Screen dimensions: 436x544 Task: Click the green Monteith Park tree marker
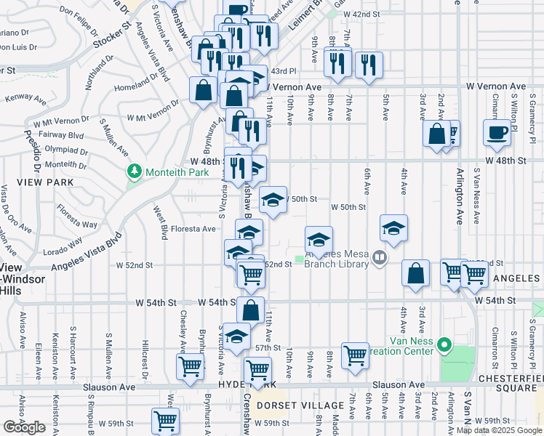[134, 171]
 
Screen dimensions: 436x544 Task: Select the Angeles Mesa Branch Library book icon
[378, 257]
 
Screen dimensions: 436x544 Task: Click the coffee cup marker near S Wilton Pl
[497, 132]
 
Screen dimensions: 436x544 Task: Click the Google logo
[24, 427]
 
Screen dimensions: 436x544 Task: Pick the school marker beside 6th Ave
[393, 228]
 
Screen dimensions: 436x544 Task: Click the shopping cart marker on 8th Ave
[355, 355]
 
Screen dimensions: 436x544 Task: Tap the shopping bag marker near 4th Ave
[415, 274]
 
